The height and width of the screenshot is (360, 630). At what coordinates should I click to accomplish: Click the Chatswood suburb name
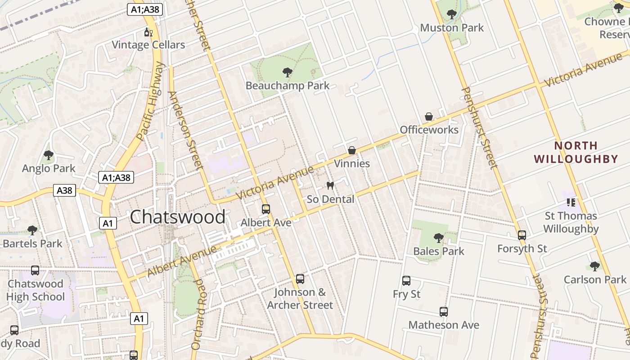click(178, 217)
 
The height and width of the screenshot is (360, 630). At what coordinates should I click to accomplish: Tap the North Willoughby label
click(576, 152)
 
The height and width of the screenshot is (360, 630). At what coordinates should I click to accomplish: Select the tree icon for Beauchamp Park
click(287, 72)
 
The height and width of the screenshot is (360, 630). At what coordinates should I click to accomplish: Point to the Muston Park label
click(452, 28)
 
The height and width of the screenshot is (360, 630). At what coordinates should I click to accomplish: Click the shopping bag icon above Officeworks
click(429, 117)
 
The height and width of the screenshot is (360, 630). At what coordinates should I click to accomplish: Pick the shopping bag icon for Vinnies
click(352, 150)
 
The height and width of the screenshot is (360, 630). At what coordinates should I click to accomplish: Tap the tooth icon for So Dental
click(330, 185)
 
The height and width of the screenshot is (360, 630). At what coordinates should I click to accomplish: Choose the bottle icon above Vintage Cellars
click(148, 32)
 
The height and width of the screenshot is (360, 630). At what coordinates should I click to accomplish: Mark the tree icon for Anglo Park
click(49, 156)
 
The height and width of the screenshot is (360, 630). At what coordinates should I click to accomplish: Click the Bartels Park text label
click(32, 244)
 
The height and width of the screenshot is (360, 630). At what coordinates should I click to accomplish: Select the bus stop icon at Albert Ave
click(266, 209)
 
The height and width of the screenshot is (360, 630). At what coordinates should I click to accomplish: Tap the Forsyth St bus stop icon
click(522, 235)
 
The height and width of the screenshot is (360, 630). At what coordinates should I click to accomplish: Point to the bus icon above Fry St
click(406, 281)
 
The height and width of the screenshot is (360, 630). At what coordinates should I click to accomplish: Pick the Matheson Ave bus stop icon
click(444, 312)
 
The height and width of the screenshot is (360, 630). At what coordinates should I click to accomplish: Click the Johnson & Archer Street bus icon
click(300, 279)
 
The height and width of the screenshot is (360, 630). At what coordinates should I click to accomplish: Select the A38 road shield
click(64, 190)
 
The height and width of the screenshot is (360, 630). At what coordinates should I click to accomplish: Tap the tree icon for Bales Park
click(438, 238)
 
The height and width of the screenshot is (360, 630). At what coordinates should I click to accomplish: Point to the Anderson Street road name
click(186, 130)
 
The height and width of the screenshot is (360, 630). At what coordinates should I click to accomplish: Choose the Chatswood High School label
click(36, 290)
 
